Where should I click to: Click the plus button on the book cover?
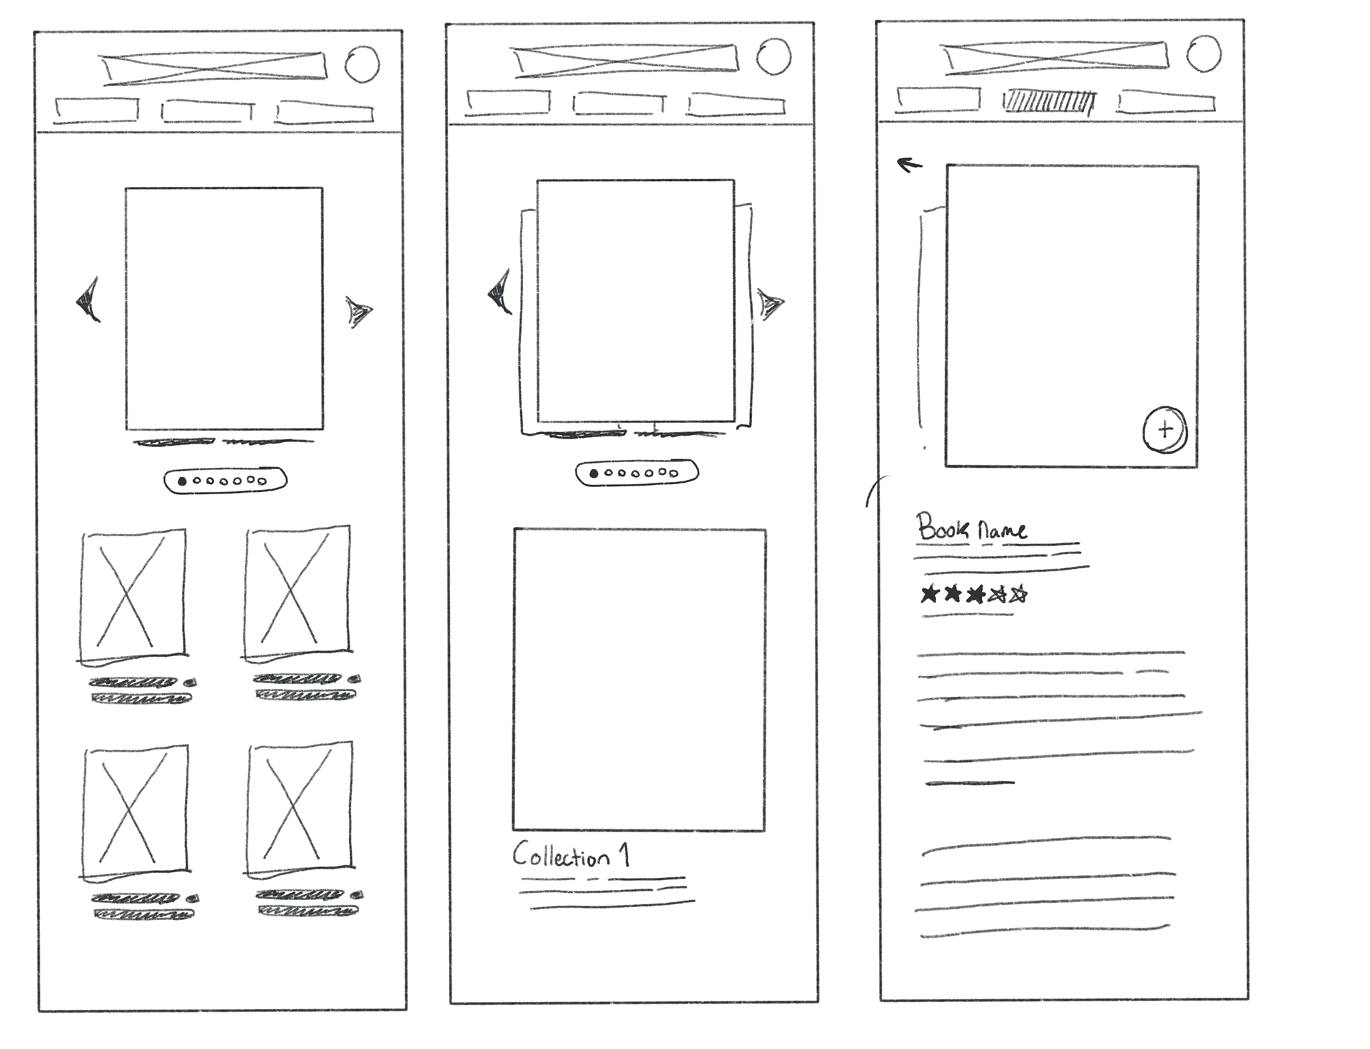[1164, 429]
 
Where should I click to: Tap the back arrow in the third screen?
[909, 165]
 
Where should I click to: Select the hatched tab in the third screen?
[1048, 101]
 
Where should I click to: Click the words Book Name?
[972, 528]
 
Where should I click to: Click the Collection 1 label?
[571, 854]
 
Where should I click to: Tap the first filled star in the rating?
[928, 593]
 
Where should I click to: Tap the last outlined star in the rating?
[1019, 593]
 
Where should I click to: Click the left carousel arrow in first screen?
[88, 300]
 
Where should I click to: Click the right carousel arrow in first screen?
[359, 312]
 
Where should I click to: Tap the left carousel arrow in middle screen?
[499, 292]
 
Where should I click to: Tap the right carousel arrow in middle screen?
[770, 304]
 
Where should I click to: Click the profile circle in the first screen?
[362, 64]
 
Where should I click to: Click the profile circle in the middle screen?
[773, 56]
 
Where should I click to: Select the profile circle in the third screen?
[1204, 53]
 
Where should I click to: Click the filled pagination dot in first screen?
[182, 481]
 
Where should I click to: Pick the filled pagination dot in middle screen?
[594, 474]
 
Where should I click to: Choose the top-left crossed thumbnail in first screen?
[133, 594]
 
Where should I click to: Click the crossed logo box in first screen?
[214, 67]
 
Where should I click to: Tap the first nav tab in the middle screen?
[508, 102]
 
